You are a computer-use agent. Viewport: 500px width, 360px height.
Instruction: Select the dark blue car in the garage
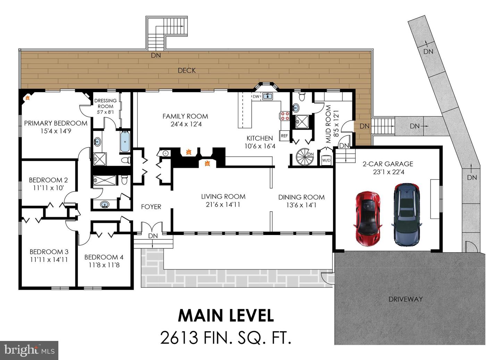[407, 214]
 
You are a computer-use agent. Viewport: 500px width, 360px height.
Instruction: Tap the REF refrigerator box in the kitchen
[284, 136]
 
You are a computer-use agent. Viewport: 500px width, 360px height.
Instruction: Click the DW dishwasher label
[256, 97]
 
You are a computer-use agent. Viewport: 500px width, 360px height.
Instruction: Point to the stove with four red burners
[285, 116]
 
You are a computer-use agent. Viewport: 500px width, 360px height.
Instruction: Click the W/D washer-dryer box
[326, 160]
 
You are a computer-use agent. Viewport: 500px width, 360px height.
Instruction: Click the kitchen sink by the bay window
[267, 96]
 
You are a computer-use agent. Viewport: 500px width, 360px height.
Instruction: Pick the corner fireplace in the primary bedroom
[27, 98]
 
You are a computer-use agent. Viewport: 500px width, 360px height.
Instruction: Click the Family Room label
[185, 116]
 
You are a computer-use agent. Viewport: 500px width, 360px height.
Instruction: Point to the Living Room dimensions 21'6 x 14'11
[223, 205]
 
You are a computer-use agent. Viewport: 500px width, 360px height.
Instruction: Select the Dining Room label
[301, 197]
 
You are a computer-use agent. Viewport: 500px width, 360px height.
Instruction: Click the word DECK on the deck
[187, 71]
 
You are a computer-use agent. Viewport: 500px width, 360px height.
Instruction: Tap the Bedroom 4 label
[104, 257]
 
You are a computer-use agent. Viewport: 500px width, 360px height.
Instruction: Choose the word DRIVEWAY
[406, 299]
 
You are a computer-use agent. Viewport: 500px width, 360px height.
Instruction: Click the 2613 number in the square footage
[180, 337]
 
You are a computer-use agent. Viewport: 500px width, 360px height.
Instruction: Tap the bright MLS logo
[29, 350]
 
